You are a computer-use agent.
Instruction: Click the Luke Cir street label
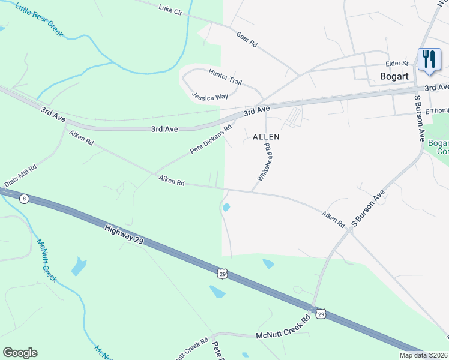[170, 9]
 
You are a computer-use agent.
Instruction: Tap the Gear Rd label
[247, 40]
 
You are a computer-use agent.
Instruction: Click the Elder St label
[397, 63]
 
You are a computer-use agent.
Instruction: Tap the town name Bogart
[394, 76]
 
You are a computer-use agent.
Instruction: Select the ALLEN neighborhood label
[266, 137]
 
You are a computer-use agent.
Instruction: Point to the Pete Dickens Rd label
[211, 139]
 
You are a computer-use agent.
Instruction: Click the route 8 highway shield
[23, 199]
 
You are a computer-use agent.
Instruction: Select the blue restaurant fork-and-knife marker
[429, 59]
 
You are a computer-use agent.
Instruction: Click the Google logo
[20, 353]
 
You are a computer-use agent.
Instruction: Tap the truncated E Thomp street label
[436, 112]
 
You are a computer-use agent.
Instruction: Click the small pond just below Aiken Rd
[226, 208]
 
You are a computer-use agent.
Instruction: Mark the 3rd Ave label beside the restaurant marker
[436, 88]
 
